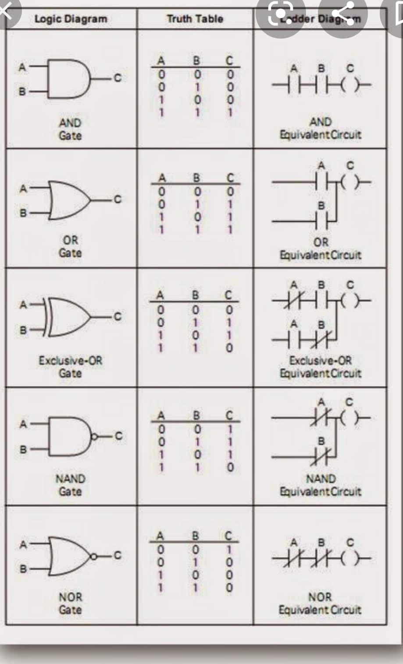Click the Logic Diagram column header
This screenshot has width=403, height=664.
pyautogui.click(x=71, y=19)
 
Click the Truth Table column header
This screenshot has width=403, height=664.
pyautogui.click(x=195, y=19)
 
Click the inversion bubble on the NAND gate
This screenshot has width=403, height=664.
pyautogui.click(x=94, y=437)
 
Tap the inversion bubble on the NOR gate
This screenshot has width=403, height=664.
pyautogui.click(x=94, y=557)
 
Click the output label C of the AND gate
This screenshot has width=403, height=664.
pyautogui.click(x=117, y=78)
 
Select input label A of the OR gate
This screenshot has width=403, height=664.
pyautogui.click(x=23, y=189)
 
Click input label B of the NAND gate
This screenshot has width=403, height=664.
pyautogui.click(x=23, y=449)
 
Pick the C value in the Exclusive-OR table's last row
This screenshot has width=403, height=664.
pyautogui.click(x=229, y=348)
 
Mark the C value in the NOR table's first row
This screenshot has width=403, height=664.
pyautogui.click(x=229, y=549)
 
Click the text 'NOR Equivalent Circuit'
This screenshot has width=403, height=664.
pyautogui.click(x=320, y=604)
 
